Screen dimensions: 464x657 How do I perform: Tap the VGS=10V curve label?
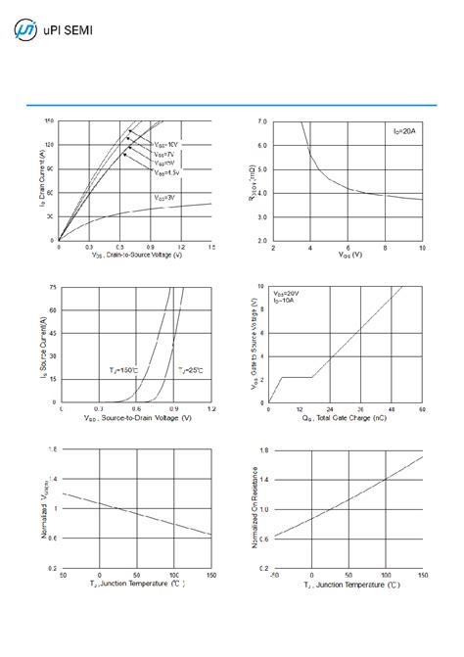166,145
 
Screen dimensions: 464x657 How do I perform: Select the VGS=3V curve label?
165,198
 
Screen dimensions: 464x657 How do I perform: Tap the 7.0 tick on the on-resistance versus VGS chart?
261,121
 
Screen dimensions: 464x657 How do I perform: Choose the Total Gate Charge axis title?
346,418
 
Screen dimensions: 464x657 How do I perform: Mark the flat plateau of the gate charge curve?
297,377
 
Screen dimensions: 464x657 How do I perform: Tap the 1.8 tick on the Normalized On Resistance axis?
261,451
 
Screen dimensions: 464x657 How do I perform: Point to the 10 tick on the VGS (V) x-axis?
422,249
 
